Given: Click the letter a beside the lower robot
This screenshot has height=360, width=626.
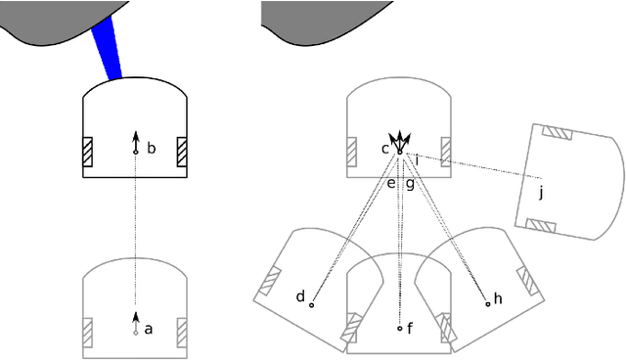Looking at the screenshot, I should pyautogui.click(x=149, y=330).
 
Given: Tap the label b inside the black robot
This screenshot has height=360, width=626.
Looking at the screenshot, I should pyautogui.click(x=151, y=149).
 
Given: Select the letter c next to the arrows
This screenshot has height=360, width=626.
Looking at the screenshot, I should pyautogui.click(x=385, y=149).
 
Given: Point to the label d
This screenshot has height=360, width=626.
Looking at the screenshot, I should pyautogui.click(x=300, y=295).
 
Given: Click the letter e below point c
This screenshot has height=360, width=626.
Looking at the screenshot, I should pyautogui.click(x=391, y=183).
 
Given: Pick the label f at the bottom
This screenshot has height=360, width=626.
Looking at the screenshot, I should pyautogui.click(x=410, y=329).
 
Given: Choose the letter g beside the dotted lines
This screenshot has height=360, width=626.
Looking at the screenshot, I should pyautogui.click(x=410, y=183).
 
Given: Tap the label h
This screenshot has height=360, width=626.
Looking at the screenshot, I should pyautogui.click(x=498, y=298).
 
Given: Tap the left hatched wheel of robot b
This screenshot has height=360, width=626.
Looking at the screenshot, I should pyautogui.click(x=88, y=153).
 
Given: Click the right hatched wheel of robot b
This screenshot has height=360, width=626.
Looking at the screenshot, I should pyautogui.click(x=181, y=153).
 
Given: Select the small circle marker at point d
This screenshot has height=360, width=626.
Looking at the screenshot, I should pyautogui.click(x=312, y=305).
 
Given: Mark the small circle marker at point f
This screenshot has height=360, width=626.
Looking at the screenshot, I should pyautogui.click(x=399, y=329).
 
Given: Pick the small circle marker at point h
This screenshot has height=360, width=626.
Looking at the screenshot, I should pyautogui.click(x=487, y=304).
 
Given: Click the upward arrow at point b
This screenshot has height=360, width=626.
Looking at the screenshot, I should pyautogui.click(x=135, y=143).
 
